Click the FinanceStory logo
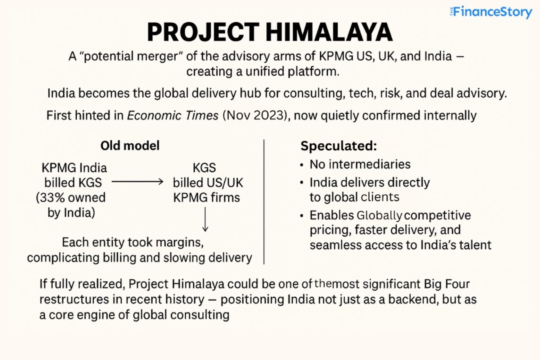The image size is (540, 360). (491, 12)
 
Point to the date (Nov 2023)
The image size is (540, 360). (254, 115)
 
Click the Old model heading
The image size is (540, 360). (130, 145)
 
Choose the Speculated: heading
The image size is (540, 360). (338, 146)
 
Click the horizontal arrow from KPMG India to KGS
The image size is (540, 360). (137, 181)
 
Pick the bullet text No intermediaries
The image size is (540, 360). (360, 164)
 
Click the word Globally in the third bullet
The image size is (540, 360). (379, 216)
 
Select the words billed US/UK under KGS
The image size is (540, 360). (208, 182)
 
